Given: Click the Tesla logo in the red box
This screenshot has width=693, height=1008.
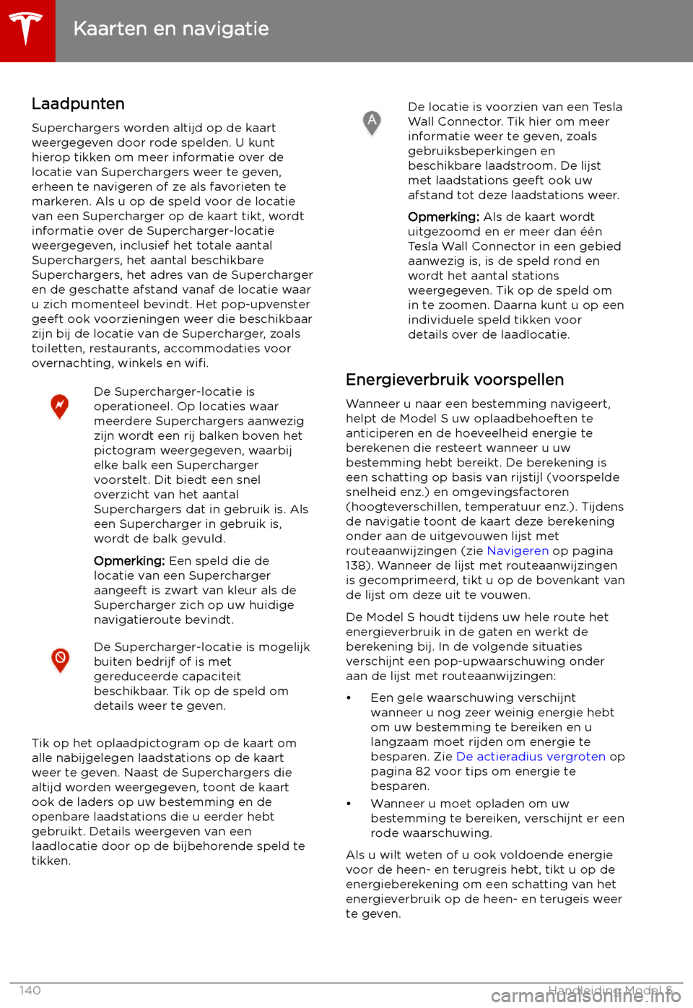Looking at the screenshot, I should tap(27, 30).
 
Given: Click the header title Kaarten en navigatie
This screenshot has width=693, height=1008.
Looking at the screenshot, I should tap(171, 29).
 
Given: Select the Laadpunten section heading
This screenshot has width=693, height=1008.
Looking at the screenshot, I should tap(78, 104).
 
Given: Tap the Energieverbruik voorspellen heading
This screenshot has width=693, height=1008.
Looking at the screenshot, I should tap(455, 380).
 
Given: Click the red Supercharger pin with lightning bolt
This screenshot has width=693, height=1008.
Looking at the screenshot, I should tap(60, 407).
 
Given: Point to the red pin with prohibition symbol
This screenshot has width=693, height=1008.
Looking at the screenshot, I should tap(61, 660).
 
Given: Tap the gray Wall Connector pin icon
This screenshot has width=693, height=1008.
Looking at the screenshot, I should tap(372, 123).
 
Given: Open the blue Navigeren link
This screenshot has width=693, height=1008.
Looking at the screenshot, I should tap(518, 551).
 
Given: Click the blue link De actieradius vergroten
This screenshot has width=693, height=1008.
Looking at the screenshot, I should tap(531, 757).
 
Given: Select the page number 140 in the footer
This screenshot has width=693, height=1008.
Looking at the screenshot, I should tap(30, 991).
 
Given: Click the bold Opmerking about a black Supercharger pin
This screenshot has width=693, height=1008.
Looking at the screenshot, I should tap(129, 561).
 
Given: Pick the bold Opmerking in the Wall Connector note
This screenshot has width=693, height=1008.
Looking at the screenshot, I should tap(443, 217).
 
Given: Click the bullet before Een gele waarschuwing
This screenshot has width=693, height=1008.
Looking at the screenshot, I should tap(349, 698).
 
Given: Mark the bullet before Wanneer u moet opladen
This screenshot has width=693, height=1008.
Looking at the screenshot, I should tap(349, 804).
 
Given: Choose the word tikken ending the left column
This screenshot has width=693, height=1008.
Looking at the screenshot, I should tap(51, 861).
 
